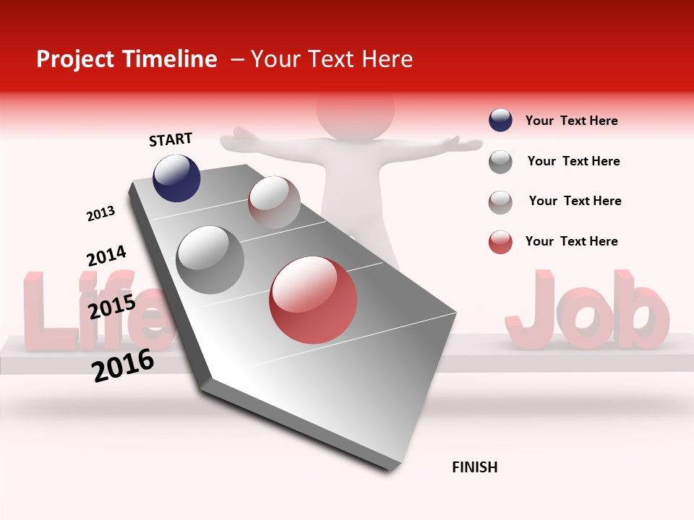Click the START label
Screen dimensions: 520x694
[171, 139]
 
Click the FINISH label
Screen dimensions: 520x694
[474, 467]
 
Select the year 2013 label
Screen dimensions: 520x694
[100, 214]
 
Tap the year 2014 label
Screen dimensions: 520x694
[106, 256]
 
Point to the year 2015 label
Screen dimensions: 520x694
[111, 307]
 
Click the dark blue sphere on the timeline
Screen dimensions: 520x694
[176, 178]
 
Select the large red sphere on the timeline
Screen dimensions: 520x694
[313, 300]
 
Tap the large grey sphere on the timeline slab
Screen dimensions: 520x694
[210, 259]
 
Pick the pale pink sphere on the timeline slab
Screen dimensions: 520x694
[274, 202]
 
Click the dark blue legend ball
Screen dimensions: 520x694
[500, 121]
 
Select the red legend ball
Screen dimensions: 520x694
[500, 242]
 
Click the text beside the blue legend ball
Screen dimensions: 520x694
[571, 121]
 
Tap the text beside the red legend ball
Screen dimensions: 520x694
[571, 241]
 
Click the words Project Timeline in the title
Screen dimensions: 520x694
[127, 59]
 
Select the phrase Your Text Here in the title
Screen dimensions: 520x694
[332, 59]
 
